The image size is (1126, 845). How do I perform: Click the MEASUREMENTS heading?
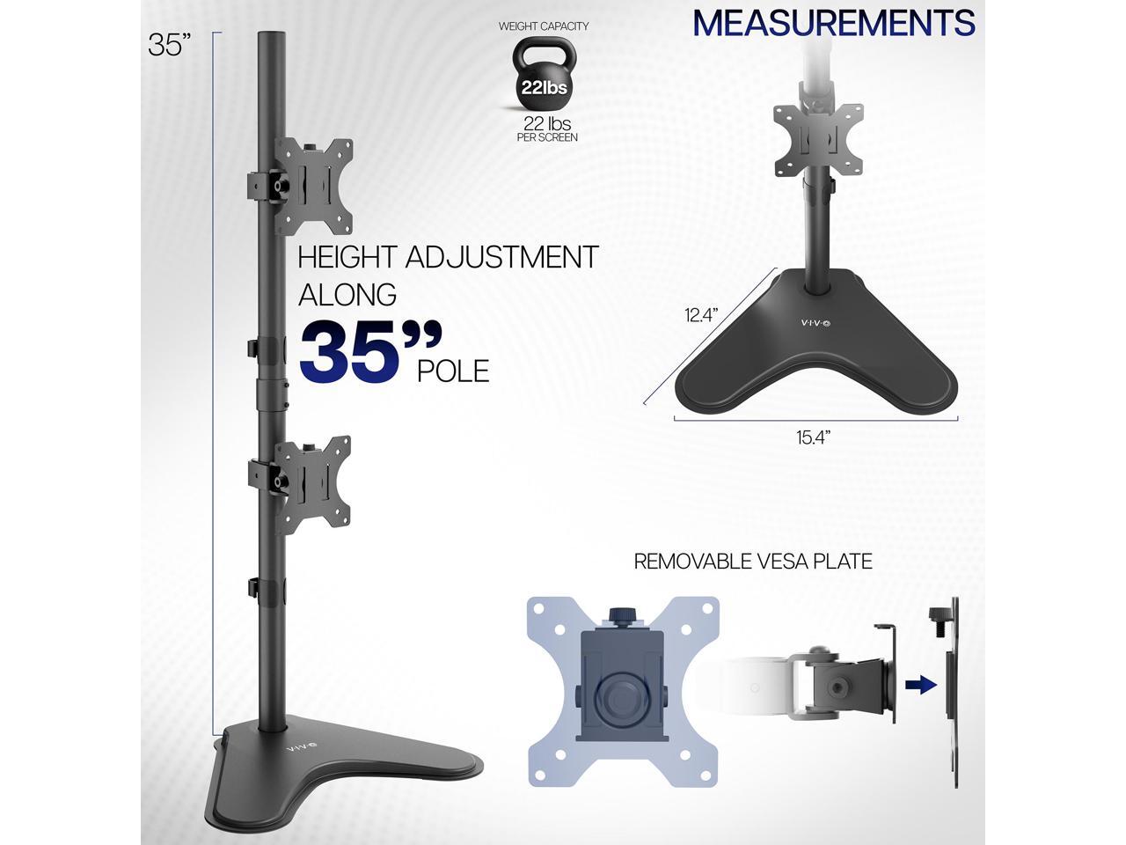pyautogui.click(x=834, y=23)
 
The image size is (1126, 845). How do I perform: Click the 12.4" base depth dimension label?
pyautogui.click(x=701, y=314)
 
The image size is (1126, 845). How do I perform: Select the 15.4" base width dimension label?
pyautogui.click(x=813, y=437)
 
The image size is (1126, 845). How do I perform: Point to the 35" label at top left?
pyautogui.click(x=169, y=45)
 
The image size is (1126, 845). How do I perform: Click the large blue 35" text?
pyautogui.click(x=369, y=352)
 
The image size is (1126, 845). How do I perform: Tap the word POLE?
pyautogui.click(x=453, y=371)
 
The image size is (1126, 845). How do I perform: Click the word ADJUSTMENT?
pyautogui.click(x=501, y=256)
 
